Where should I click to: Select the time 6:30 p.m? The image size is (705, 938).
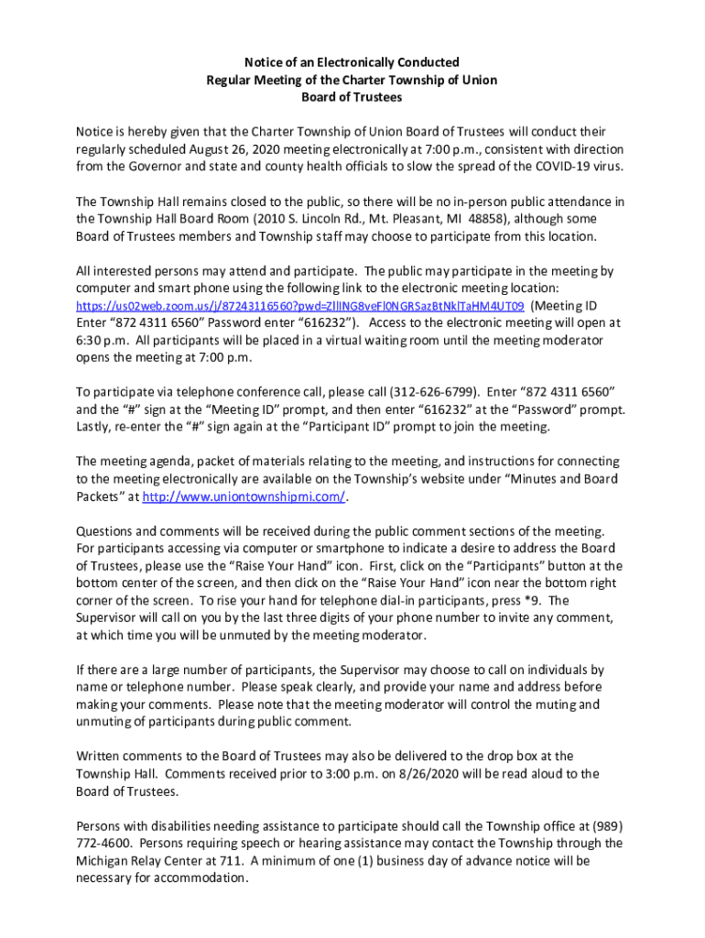pyautogui.click(x=94, y=340)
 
